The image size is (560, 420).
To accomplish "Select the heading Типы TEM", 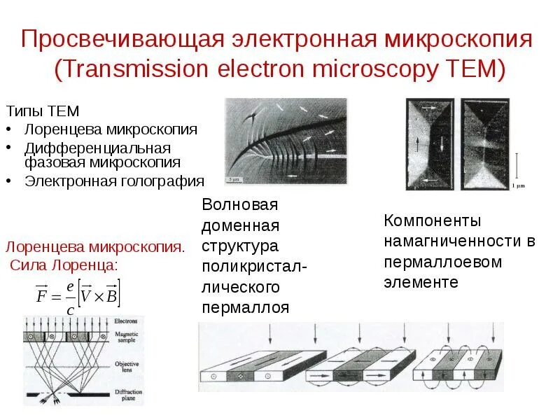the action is click(x=43, y=112).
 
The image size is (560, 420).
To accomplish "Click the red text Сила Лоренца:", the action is click(x=64, y=265).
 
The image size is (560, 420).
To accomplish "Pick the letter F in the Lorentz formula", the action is click(x=41, y=295).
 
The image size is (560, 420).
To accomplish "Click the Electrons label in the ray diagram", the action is click(x=126, y=321).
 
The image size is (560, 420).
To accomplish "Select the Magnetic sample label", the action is click(x=127, y=339).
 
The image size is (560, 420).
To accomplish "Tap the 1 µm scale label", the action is click(x=517, y=186).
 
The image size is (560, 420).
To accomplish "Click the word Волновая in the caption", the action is click(x=239, y=205).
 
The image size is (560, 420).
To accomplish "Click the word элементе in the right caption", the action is click(x=421, y=282).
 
